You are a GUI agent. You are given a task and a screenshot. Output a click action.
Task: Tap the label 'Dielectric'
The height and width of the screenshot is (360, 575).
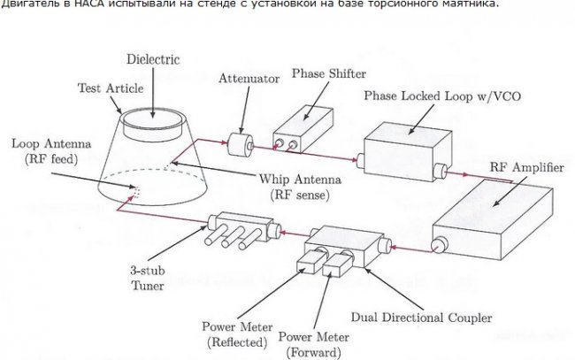(154, 60)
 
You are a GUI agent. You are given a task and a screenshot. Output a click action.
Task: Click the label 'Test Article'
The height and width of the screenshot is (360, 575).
(101, 88)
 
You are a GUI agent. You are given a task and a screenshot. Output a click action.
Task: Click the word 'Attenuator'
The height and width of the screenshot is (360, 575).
(249, 79)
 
